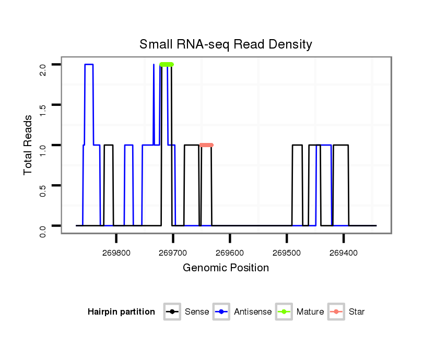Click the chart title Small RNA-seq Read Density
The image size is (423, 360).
(226, 44)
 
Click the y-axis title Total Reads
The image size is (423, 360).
(29, 145)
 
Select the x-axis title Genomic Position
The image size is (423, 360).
(226, 268)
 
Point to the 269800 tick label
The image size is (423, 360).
(116, 253)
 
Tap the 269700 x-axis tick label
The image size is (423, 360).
(173, 253)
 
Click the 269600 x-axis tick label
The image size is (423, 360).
(230, 253)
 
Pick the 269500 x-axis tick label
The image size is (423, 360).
(287, 253)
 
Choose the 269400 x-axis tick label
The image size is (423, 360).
(344, 253)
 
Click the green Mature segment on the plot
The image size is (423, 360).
(167, 64)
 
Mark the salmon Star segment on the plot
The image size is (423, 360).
(206, 145)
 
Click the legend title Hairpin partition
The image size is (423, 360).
(121, 312)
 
